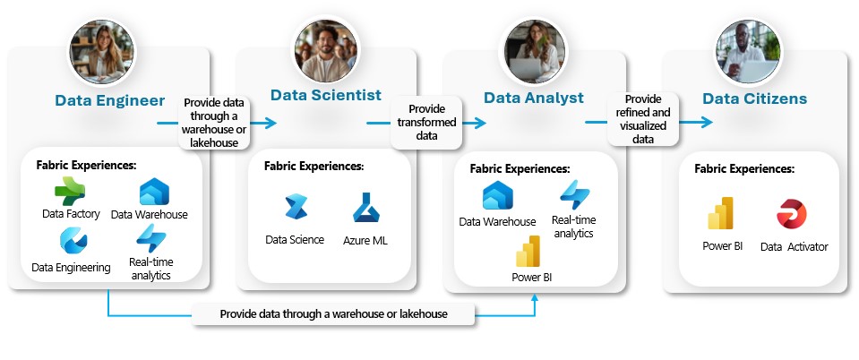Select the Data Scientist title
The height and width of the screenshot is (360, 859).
click(326, 95)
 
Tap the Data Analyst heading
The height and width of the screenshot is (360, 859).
click(534, 98)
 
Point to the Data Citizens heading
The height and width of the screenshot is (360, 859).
click(754, 99)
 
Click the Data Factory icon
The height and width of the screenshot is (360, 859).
click(69, 193)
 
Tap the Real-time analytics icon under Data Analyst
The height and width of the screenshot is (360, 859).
click(574, 194)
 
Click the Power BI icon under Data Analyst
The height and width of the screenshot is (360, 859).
click(528, 251)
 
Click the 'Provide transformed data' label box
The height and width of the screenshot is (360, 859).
click(425, 122)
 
